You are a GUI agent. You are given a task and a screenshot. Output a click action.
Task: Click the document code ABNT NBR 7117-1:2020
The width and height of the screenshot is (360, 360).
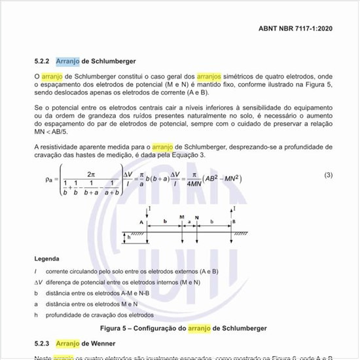point(295,29)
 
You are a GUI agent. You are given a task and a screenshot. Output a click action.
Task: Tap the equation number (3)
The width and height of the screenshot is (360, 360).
point(329,175)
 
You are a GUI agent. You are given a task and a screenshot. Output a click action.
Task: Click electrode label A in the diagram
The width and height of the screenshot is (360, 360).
point(141,223)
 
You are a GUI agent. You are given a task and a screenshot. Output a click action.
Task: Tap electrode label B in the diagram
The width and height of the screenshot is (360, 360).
point(233,223)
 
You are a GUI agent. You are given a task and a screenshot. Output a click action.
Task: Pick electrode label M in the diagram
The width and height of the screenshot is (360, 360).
point(181,216)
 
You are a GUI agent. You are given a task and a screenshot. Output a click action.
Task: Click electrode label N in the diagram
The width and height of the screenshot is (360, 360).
point(197,216)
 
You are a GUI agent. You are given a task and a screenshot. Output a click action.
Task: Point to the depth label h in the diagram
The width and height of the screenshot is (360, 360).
point(129,238)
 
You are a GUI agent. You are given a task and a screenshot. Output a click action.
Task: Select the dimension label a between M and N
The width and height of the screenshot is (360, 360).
point(189,222)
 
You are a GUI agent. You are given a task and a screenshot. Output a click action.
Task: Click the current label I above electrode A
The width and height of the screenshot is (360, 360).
point(151,208)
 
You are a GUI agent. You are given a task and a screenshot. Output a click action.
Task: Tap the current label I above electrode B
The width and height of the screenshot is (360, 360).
point(234,208)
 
